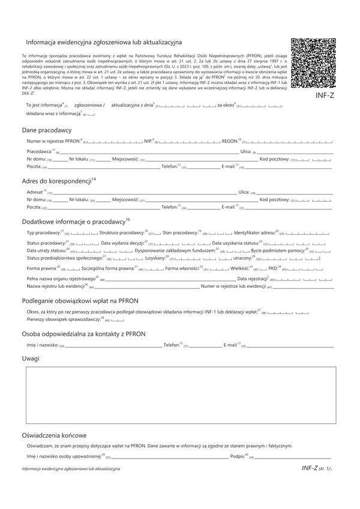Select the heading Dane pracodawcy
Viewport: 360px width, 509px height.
46,130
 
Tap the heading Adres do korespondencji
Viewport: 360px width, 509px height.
58,180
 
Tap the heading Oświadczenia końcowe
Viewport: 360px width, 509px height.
54,435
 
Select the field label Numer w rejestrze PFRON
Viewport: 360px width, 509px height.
52,141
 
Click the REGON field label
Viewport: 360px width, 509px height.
230,141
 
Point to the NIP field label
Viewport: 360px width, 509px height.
149,141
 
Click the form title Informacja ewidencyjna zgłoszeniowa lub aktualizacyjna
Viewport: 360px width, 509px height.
104,43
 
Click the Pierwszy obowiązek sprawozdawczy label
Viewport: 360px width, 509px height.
62,320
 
